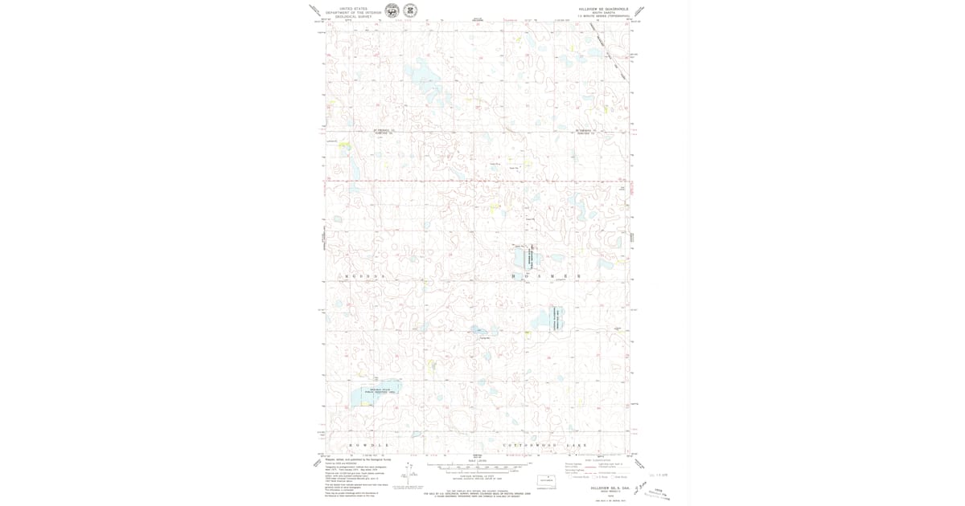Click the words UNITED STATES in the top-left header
[x=354, y=9]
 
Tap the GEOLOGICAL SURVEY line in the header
[x=354, y=16]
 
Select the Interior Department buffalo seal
[x=392, y=11]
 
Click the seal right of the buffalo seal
[x=410, y=11]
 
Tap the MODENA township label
[x=366, y=275]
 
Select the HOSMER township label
[x=546, y=275]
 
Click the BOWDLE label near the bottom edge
[x=369, y=445]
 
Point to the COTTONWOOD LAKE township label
[x=545, y=445]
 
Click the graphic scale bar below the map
[x=480, y=466]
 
